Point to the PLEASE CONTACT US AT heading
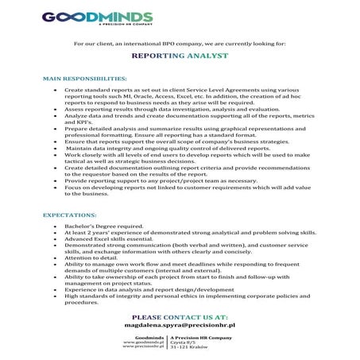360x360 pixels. [179, 316]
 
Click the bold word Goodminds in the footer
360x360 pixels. [149, 337]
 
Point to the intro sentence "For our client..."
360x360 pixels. [179, 42]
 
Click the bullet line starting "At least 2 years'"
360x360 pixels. [190, 233]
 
